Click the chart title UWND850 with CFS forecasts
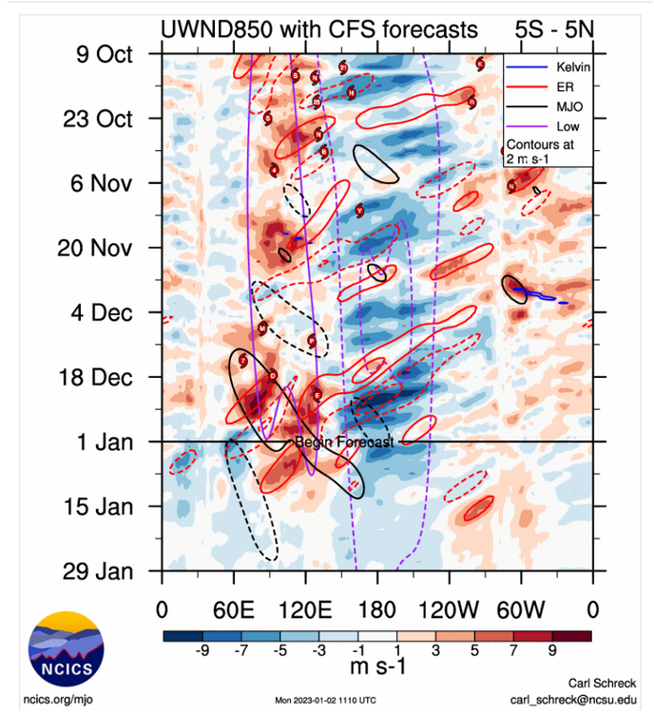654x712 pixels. [317, 30]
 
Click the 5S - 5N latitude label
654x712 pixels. [548, 30]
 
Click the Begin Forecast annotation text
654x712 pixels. [343, 442]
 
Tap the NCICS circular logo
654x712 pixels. [66, 651]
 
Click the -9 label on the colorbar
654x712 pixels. [202, 652]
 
